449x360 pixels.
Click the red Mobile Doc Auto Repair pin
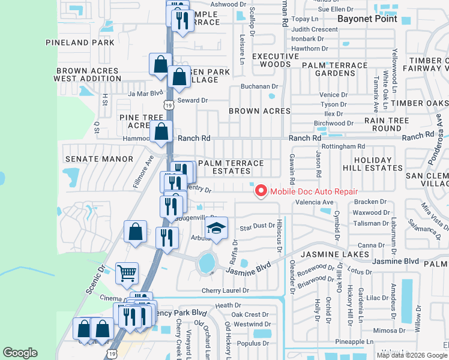(x=261, y=191)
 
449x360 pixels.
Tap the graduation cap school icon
(x=216, y=228)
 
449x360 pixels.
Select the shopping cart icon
(x=127, y=274)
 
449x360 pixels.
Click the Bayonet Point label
(x=367, y=19)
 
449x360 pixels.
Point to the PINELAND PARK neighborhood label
(x=80, y=43)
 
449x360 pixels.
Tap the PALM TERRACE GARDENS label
(x=334, y=69)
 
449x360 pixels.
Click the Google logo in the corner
(x=20, y=353)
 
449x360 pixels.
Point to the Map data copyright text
(x=412, y=355)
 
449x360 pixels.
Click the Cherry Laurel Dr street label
(x=224, y=290)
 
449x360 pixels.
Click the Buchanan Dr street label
(x=258, y=86)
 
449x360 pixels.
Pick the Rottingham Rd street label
(x=343, y=146)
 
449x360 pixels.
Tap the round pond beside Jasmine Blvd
(x=207, y=262)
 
